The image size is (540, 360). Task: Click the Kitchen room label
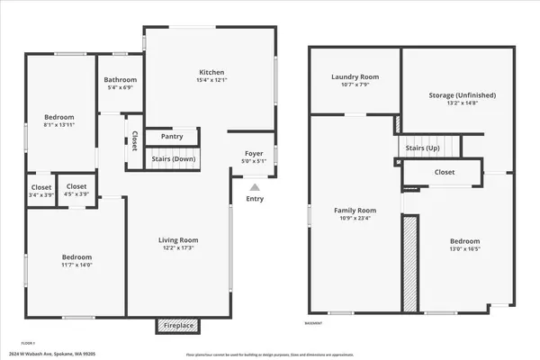[x=211, y=73]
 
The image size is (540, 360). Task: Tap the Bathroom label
[x=120, y=78]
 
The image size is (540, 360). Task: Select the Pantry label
[x=172, y=137]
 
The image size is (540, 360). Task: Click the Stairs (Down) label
[x=172, y=159]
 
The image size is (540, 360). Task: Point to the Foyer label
[x=253, y=154]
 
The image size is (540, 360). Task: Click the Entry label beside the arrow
[x=256, y=199]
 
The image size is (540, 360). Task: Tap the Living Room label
[x=178, y=240]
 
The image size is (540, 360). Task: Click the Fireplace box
[x=178, y=325]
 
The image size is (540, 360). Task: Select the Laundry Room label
[x=355, y=77]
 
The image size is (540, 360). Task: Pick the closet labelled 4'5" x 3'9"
[x=77, y=193]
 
